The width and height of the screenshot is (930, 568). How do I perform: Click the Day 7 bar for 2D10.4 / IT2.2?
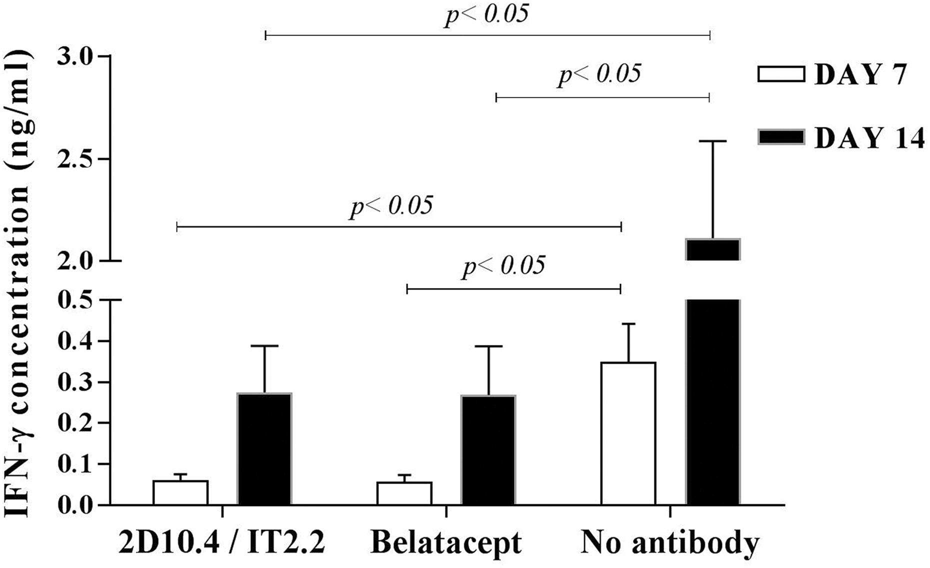click(x=180, y=492)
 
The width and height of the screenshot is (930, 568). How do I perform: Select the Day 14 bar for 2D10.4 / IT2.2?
click(x=264, y=449)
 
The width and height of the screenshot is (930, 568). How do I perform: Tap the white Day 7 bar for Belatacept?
click(x=404, y=493)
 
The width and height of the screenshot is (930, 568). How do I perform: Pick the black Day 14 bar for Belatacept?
click(x=488, y=450)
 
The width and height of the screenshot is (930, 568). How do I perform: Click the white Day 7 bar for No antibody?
click(x=628, y=433)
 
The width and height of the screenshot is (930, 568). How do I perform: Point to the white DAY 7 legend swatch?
click(x=781, y=74)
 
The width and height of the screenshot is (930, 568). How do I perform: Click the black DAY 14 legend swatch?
click(x=781, y=136)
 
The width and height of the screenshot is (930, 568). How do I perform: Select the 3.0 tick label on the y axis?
click(x=75, y=57)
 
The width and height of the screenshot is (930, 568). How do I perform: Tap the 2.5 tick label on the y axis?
click(x=75, y=159)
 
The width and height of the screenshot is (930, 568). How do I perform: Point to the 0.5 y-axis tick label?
click(x=75, y=300)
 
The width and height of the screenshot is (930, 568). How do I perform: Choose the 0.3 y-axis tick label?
click(x=75, y=382)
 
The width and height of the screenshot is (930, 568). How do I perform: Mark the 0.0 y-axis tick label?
click(x=75, y=505)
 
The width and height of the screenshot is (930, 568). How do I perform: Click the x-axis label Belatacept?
click(x=446, y=542)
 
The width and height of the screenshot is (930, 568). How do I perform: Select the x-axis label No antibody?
click(x=670, y=542)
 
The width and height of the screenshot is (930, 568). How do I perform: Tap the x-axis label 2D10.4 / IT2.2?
click(x=222, y=542)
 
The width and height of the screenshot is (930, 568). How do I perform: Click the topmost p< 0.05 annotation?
click(x=486, y=14)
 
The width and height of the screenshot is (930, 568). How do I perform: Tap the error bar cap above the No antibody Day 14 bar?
click(x=712, y=141)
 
